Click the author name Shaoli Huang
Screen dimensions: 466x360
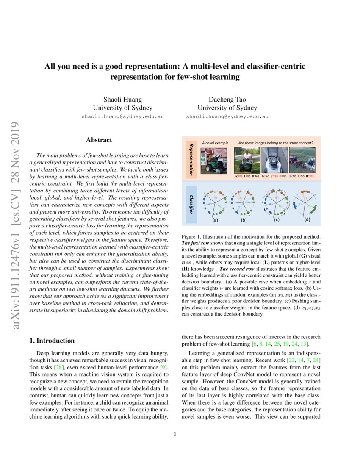122,100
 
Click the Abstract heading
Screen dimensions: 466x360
99,140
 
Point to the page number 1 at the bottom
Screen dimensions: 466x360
175,434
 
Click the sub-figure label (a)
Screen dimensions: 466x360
215,220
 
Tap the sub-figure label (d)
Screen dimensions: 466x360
307,220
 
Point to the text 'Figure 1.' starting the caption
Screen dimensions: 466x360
191,236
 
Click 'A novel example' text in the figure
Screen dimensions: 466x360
215,143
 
